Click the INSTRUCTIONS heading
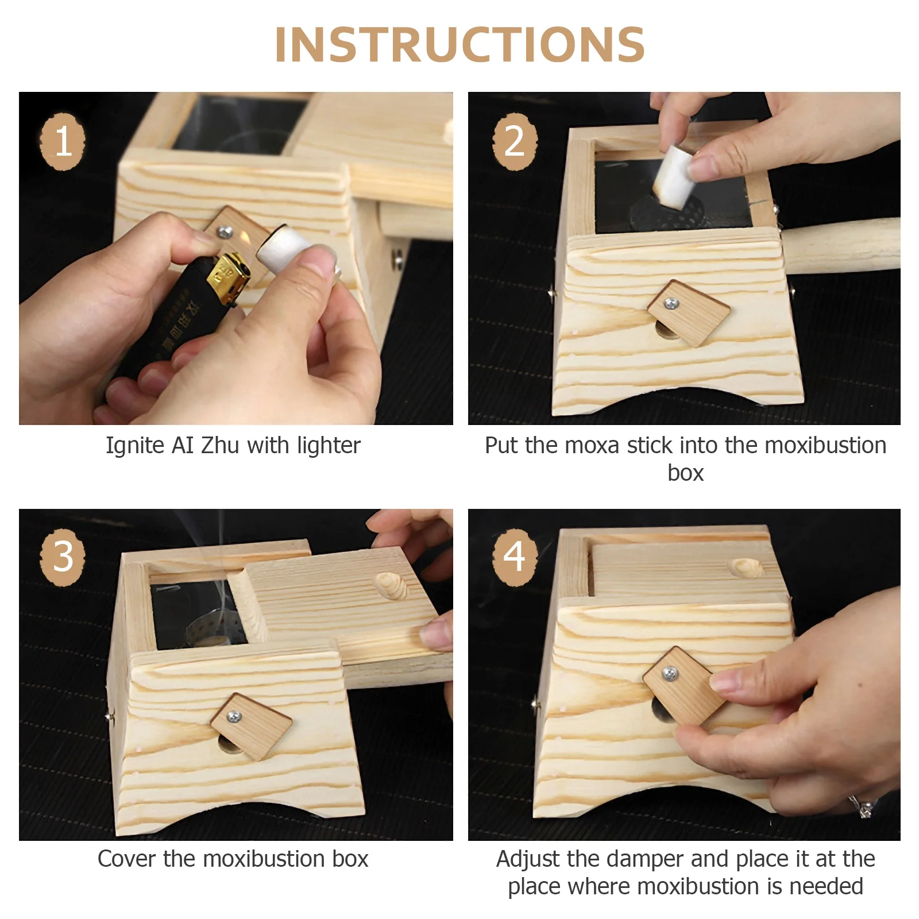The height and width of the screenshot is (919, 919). coord(459,44)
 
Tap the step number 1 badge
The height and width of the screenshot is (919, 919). coord(63,141)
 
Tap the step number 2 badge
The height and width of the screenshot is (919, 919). coord(515,141)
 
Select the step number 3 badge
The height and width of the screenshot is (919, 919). coord(63,556)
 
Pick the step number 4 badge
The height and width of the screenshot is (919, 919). coord(515,556)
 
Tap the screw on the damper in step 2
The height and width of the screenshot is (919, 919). coord(669,303)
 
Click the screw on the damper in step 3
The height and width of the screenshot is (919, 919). coord(234,716)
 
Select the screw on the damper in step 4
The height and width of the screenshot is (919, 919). coord(669,673)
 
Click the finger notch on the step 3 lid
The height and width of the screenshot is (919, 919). coord(390,586)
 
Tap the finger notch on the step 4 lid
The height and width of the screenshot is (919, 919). coord(745,568)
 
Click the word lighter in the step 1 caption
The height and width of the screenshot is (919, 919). coord(329,445)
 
